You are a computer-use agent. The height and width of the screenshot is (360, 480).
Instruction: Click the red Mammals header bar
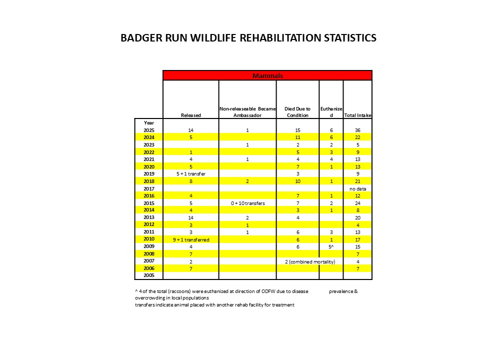267,75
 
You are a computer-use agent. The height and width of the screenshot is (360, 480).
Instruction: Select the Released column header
190,115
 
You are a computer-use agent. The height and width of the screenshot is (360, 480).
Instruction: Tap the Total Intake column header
357,115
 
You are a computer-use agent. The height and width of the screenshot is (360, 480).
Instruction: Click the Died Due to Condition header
297,112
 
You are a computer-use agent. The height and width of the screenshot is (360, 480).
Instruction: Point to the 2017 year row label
149,188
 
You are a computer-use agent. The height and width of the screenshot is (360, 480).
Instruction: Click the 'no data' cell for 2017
357,188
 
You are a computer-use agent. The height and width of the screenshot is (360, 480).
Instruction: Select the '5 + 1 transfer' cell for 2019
190,173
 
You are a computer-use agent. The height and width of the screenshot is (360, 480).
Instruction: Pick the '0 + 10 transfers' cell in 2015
247,203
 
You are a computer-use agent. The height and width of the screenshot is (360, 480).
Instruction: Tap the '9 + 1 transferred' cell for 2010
190,239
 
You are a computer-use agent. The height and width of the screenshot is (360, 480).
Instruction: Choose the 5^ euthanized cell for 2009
330,246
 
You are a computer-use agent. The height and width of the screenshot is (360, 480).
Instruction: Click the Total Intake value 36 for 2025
357,130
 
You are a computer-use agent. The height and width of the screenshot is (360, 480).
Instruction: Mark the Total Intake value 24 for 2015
357,203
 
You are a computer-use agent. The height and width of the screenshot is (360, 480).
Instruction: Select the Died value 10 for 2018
297,181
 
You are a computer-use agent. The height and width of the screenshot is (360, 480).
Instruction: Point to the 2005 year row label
149,275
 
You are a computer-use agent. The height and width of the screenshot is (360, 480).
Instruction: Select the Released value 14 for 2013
190,217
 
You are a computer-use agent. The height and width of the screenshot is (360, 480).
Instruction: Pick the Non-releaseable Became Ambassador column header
247,112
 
